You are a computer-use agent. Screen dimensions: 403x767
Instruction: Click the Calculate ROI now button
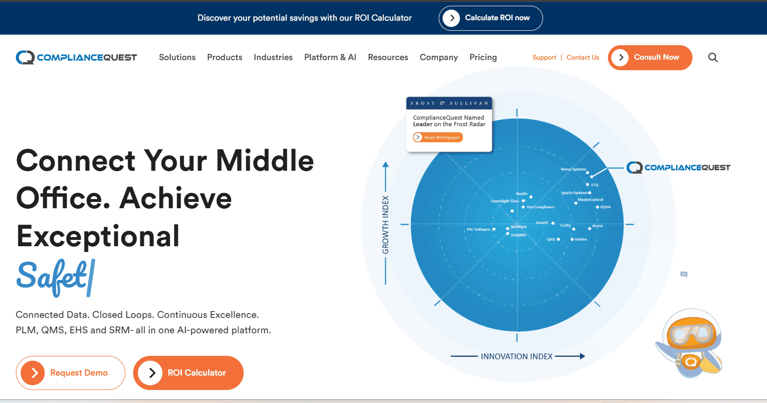[x=491, y=18]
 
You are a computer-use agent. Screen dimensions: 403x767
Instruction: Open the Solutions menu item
[x=177, y=57]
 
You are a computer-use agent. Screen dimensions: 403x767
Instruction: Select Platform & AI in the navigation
[x=330, y=57]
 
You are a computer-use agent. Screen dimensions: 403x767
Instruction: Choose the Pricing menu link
[x=482, y=57]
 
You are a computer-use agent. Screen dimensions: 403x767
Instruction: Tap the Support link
[x=544, y=58]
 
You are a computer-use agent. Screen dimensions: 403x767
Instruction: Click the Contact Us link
[x=582, y=58]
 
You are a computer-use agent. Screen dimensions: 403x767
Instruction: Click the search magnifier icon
[x=713, y=58]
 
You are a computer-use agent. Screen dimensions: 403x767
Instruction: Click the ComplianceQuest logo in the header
[x=76, y=58]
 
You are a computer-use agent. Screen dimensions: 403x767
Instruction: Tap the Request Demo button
[x=71, y=373]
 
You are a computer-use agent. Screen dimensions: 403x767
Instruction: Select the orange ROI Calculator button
[x=188, y=373]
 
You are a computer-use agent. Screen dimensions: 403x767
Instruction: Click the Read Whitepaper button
[x=438, y=138]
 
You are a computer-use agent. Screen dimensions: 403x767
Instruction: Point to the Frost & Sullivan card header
[x=449, y=103]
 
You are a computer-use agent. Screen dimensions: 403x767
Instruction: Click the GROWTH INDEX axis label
[x=385, y=225]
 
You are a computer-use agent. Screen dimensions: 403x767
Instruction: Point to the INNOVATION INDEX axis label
[x=517, y=356]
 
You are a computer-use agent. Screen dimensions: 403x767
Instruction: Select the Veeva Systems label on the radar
[x=573, y=169]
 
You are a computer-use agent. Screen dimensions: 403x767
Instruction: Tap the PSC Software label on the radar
[x=478, y=229]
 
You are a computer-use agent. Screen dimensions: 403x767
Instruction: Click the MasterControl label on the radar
[x=590, y=200]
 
